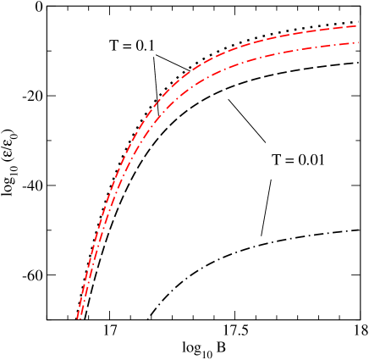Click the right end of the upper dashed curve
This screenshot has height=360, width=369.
pyautogui.click(x=356, y=26)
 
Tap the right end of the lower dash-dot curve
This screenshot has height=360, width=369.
pyautogui.click(x=358, y=42)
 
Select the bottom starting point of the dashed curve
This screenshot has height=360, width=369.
pyautogui.click(x=77, y=318)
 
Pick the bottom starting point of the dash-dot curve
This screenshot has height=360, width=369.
pyautogui.click(x=80, y=318)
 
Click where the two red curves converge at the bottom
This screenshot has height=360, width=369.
pyautogui.click(x=79, y=317)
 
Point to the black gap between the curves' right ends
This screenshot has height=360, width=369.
pyautogui.click(x=356, y=34)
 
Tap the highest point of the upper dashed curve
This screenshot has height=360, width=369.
pyautogui.click(x=356, y=26)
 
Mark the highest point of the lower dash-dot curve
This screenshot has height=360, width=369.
pyautogui.click(x=358, y=42)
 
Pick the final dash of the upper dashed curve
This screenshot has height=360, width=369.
pyautogui.click(x=350, y=27)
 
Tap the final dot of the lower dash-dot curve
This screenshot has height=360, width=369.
pyautogui.click(x=357, y=42)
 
